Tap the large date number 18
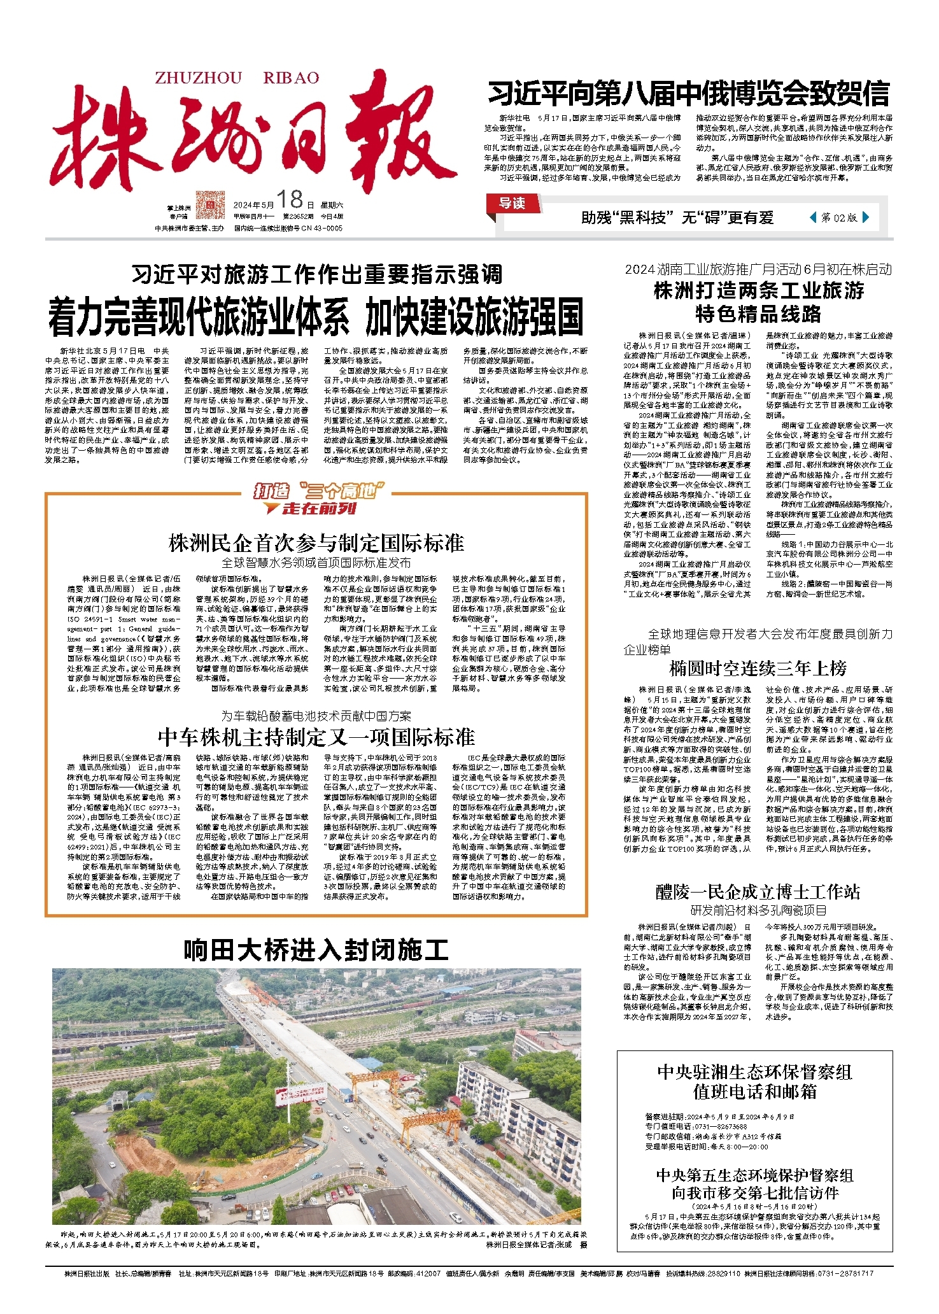click(290, 200)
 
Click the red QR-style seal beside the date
click(210, 204)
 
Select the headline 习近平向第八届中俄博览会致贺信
click(688, 94)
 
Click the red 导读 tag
click(512, 203)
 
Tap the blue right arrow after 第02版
click(865, 218)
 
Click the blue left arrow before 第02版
click(813, 218)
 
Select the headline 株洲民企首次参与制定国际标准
click(316, 543)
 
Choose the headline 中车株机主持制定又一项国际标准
click(316, 737)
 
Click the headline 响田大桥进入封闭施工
click(316, 950)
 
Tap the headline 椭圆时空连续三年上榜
click(758, 668)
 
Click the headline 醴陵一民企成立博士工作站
click(758, 892)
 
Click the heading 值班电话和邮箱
click(754, 1092)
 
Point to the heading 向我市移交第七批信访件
click(754, 1192)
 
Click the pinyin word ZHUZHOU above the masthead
click(199, 78)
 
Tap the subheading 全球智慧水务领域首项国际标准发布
click(316, 563)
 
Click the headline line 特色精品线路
click(758, 314)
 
